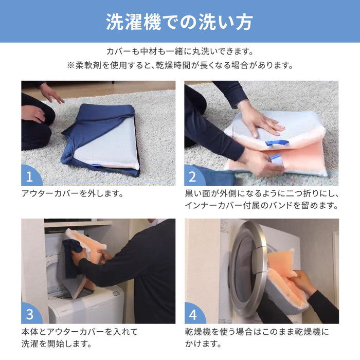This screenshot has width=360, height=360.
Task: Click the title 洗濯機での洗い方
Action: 179,22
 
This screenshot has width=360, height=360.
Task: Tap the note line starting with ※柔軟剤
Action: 179,66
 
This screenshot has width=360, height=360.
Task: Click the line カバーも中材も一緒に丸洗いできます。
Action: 179,52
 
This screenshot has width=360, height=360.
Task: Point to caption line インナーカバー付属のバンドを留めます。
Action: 261,206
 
